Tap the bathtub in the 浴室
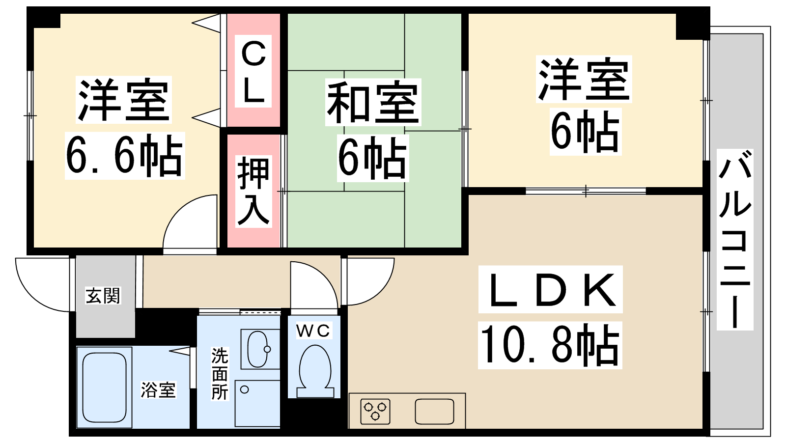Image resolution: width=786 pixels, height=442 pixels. tap(104, 387)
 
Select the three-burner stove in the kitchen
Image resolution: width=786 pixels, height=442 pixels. tap(375, 411)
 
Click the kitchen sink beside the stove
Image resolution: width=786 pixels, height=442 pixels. tap(434, 411)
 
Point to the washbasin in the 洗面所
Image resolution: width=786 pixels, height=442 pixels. tap(258, 349)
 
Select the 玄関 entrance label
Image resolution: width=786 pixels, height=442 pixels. tap(103, 296)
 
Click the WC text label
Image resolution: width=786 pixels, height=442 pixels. tap(313, 331)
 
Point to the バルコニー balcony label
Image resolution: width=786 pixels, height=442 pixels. tap(735, 240)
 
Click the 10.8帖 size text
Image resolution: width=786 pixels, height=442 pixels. tap(550, 345)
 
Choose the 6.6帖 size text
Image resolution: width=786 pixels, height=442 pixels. tap(124, 156)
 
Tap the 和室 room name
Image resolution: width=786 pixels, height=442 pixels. tap(373, 102)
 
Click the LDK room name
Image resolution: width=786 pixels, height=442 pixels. tap(551, 290)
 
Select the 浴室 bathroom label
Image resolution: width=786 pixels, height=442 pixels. tap(158, 390)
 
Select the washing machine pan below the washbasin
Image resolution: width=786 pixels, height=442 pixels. tap(257, 403)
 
